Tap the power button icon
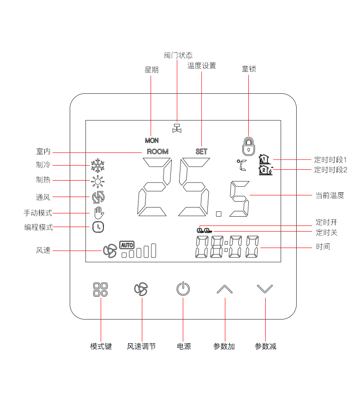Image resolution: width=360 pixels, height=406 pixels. point(183,289)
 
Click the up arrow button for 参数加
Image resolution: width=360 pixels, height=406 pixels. point(225,289)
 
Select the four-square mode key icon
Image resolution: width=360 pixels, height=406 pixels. point(100,289)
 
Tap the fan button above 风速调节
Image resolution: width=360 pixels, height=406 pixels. point(141,289)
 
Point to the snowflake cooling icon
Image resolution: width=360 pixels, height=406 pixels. point(98,166)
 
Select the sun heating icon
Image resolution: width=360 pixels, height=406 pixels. point(98,182)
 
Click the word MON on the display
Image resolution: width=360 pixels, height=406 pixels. point(152,141)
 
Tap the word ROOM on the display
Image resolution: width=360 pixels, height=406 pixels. point(157,152)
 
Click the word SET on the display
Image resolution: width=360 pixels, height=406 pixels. point(201,152)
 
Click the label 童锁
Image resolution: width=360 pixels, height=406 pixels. point(249,69)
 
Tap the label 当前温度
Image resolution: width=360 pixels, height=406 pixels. point(330,196)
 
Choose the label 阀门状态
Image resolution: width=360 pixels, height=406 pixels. point(178,55)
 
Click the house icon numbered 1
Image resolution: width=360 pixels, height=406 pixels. point(264,159)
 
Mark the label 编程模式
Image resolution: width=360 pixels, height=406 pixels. point(38,227)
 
